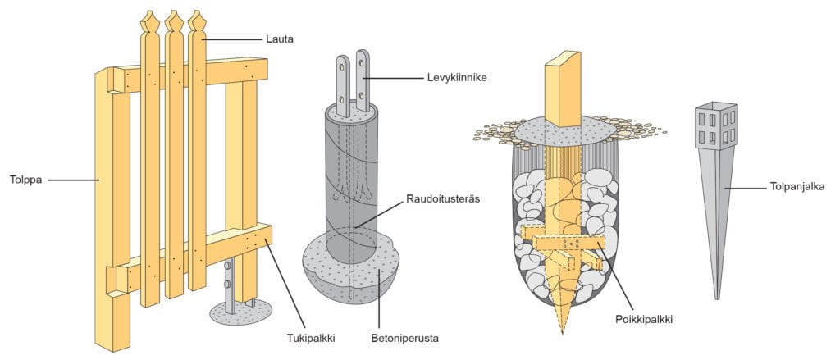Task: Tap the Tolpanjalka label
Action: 795,187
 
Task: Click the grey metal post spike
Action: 715,213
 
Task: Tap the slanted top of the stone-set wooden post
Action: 563,62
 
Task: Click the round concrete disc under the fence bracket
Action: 239,310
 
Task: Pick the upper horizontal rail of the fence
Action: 238,74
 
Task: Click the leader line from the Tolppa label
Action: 72,179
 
